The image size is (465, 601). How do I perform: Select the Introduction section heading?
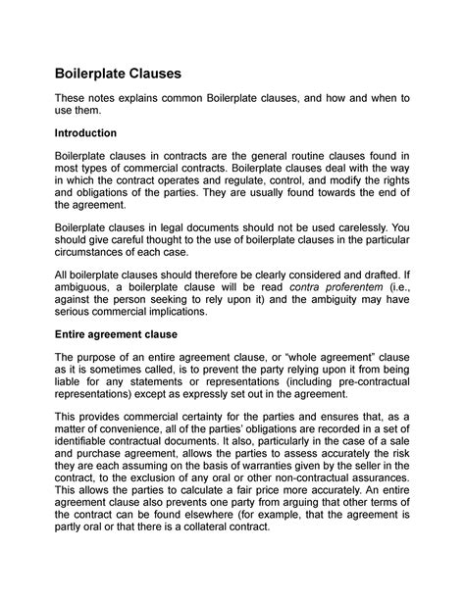86,132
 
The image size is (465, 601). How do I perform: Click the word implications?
171,313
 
